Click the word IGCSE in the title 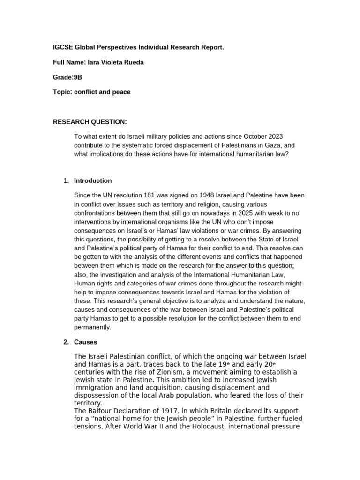[62, 47]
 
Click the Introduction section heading [93, 180]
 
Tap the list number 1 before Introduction [66, 180]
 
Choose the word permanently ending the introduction [91, 327]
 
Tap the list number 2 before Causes [66, 342]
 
